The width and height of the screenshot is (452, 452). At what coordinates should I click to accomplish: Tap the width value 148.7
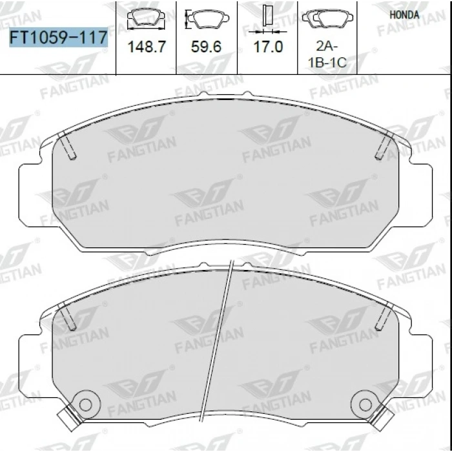[x=145, y=48]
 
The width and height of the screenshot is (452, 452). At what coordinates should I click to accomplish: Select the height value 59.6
[x=207, y=48]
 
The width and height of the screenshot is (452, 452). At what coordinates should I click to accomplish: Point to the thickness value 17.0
[x=269, y=48]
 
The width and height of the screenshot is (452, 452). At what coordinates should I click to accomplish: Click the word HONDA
[x=405, y=14]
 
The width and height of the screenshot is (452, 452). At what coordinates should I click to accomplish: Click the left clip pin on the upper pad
[x=68, y=146]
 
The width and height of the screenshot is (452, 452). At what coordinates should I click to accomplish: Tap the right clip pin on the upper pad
[x=385, y=146]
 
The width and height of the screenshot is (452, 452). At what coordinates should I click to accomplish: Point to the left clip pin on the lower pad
[x=69, y=316]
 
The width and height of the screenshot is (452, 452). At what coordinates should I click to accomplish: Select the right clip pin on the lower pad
[x=385, y=316]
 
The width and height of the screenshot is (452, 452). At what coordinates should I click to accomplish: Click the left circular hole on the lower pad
[x=84, y=404]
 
